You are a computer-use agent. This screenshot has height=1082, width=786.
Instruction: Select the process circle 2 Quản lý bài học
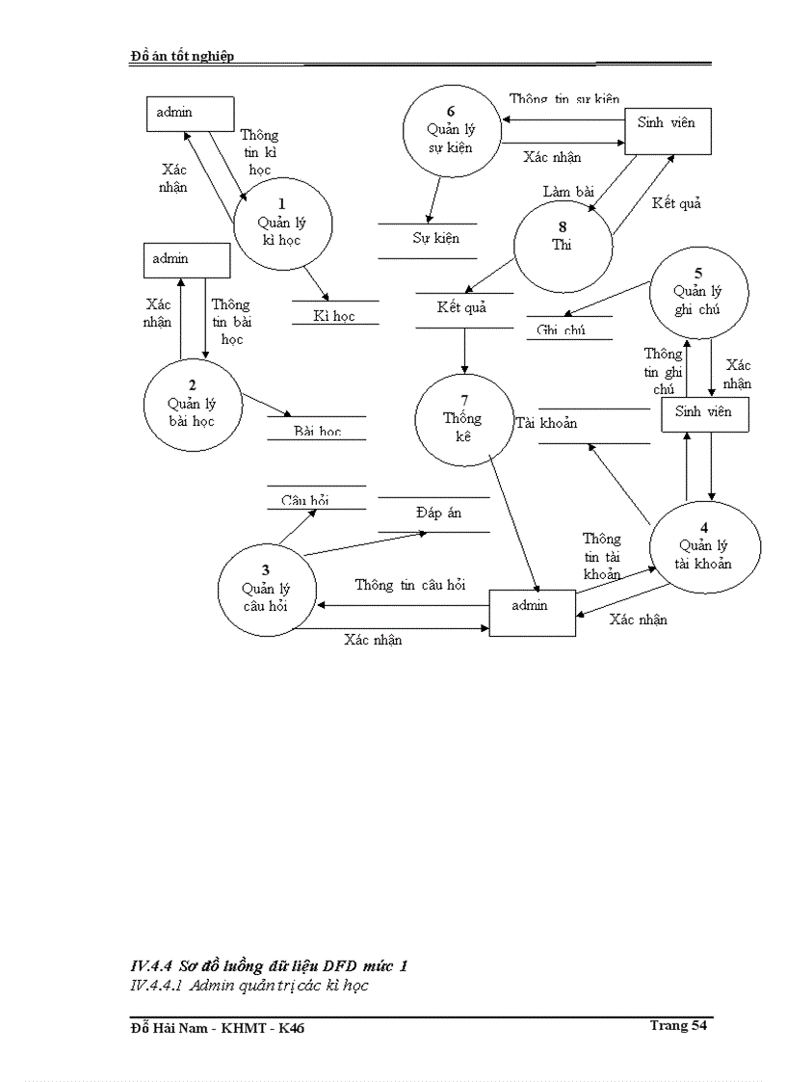point(191,404)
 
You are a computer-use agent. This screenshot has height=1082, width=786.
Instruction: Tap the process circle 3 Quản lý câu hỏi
point(265,589)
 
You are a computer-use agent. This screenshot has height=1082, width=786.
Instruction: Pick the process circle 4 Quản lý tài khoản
point(704,546)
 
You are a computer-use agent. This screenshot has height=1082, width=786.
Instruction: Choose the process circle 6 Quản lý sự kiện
point(451,130)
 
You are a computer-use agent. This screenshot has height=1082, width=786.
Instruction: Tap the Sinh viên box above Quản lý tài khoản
point(704,413)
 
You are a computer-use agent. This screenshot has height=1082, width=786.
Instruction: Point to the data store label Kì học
point(334,315)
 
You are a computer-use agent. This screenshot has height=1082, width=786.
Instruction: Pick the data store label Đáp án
point(438,513)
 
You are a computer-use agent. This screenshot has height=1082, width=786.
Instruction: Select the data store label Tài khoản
point(546,423)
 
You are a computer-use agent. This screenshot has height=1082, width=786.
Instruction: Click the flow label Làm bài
point(568,192)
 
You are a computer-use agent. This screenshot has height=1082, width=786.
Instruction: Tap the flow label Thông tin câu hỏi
point(409,585)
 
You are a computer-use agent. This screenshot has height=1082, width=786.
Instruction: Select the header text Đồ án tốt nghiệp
point(182,56)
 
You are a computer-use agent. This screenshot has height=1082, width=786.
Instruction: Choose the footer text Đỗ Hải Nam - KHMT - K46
point(218,1029)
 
